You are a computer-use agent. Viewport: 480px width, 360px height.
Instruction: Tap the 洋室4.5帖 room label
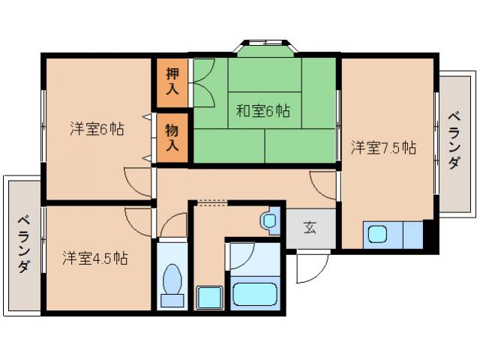(94, 259)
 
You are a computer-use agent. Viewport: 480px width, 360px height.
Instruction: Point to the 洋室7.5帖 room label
(383, 147)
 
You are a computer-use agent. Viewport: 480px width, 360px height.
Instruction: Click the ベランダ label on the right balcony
(454, 141)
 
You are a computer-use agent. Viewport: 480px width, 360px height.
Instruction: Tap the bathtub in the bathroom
(256, 292)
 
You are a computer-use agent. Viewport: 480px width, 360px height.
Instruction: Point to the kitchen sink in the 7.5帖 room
(376, 235)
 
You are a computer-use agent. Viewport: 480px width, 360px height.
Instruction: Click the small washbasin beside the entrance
(269, 220)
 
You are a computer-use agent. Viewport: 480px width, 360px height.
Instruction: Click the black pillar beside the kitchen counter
(428, 235)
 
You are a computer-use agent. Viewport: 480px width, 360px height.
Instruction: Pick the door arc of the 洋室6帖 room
(138, 180)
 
